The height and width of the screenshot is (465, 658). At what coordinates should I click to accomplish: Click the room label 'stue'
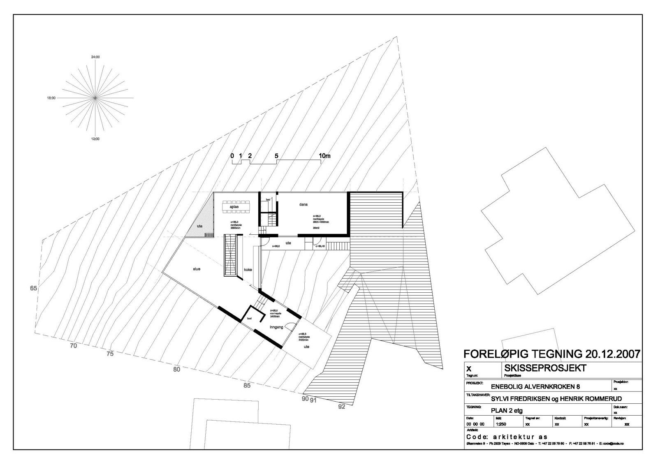coord(197,269)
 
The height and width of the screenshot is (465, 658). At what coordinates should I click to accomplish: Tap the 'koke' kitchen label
coord(248,270)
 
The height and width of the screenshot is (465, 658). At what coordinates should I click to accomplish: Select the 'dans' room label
coord(304,204)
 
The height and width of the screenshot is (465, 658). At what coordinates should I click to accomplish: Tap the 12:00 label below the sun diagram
coord(95,139)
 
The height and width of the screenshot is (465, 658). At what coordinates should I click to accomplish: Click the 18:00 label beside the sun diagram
coord(51,98)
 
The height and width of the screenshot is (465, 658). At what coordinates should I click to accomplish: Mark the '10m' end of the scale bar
coord(324,156)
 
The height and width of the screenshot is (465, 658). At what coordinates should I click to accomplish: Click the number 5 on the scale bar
coord(276,156)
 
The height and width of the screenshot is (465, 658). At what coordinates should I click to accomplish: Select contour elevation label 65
coord(33,288)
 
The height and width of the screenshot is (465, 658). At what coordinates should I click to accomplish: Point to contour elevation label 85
coord(247,385)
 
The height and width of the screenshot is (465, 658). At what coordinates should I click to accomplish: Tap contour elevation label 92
coord(342,407)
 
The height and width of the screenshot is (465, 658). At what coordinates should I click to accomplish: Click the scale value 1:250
coord(501,424)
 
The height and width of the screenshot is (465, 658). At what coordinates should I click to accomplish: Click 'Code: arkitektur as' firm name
coord(507,437)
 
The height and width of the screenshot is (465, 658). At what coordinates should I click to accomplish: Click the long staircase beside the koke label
coord(230,256)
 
